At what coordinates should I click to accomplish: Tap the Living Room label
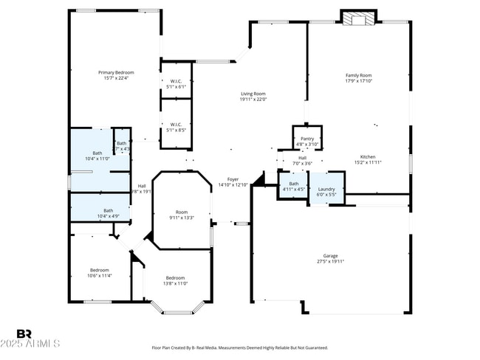(x=253, y=96)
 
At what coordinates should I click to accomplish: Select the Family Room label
(x=358, y=77)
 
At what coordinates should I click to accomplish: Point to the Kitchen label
(x=368, y=159)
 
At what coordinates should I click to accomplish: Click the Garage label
(x=330, y=258)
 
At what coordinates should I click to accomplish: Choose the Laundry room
(x=326, y=190)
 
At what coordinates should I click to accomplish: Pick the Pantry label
(x=306, y=140)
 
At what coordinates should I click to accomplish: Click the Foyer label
(x=233, y=181)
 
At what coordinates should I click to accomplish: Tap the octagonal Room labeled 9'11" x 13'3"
(x=181, y=214)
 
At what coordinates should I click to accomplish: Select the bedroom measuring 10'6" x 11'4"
(x=100, y=272)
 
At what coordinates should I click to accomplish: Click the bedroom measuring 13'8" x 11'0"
(x=176, y=280)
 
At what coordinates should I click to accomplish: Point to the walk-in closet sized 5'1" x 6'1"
(x=176, y=83)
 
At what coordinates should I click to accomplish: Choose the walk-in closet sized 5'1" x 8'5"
(x=176, y=126)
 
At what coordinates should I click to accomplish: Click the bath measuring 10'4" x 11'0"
(x=97, y=156)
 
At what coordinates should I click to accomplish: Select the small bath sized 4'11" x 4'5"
(x=294, y=186)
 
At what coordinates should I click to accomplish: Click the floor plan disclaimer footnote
(x=239, y=347)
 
